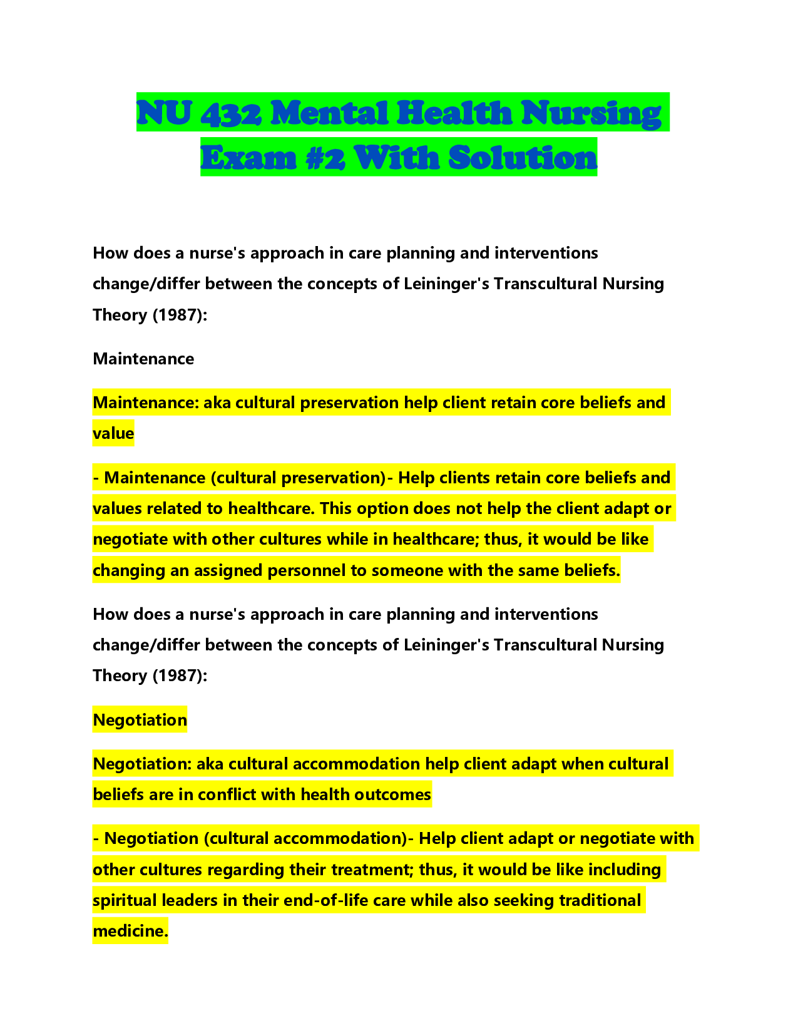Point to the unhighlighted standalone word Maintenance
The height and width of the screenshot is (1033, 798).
(x=143, y=359)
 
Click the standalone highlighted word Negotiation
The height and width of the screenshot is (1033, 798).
(x=140, y=720)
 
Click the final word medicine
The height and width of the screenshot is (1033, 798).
(x=130, y=931)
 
